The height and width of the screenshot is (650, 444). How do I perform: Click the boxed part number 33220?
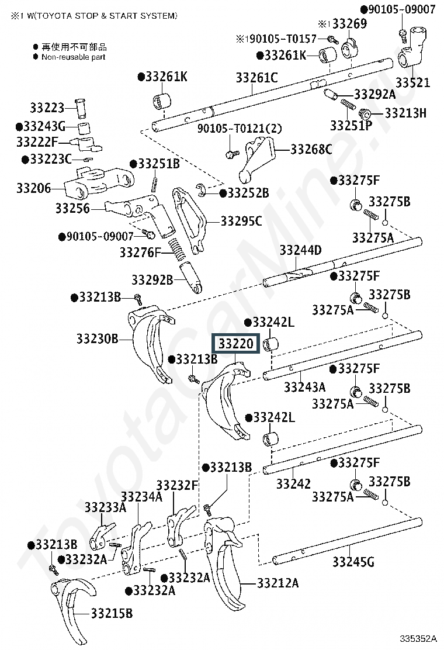(x=235, y=344)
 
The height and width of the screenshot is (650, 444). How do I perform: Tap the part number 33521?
(x=412, y=82)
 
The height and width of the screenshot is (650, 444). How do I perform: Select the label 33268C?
(x=311, y=149)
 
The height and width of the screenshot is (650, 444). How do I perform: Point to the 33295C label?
(x=241, y=222)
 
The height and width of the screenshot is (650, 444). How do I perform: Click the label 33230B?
(x=98, y=338)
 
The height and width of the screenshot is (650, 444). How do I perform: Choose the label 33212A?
(x=277, y=583)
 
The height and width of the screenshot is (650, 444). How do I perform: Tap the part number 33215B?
(x=112, y=613)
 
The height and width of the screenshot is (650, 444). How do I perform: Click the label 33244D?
(x=301, y=250)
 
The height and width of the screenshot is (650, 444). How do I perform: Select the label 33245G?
(x=353, y=562)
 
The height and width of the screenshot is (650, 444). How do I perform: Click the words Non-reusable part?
(x=73, y=57)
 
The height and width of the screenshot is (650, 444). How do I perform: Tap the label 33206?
(x=33, y=188)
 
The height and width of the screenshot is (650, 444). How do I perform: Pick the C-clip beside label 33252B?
(x=202, y=189)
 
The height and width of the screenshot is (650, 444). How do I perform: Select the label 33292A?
(x=375, y=95)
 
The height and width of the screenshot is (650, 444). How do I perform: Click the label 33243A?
(x=304, y=387)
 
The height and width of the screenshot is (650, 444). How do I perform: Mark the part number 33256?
(x=72, y=208)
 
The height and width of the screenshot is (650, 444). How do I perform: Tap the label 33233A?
(x=105, y=507)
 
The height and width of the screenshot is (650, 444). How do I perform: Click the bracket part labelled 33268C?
(x=257, y=159)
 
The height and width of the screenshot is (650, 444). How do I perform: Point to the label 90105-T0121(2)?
(x=240, y=129)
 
